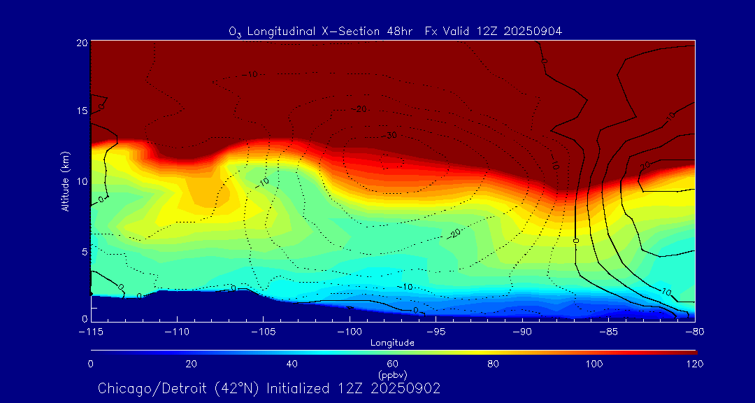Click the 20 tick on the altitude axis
click(x=81, y=43)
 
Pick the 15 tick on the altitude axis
click(x=81, y=111)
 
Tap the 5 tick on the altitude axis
click(x=83, y=250)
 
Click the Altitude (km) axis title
click(x=65, y=181)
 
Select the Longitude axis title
click(x=393, y=343)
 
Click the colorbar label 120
click(x=695, y=364)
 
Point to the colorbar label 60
click(x=393, y=364)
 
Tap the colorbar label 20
click(x=191, y=364)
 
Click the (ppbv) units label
click(x=393, y=374)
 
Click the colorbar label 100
click(x=595, y=364)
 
